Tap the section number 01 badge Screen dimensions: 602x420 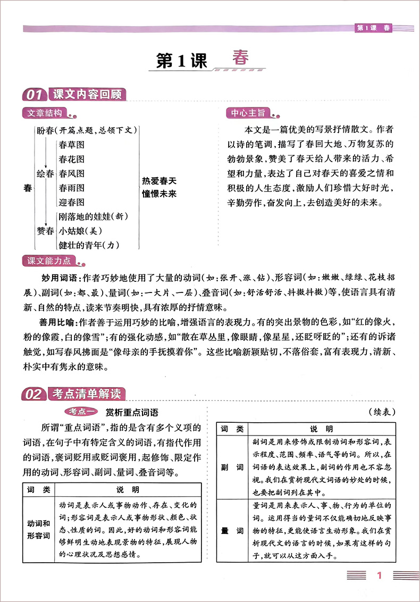tap(33, 95)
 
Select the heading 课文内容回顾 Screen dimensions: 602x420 tap(88, 95)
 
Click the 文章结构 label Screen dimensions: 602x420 tap(45, 113)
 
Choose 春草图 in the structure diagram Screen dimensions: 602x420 tap(72, 145)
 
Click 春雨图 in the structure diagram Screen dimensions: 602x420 tap(72, 188)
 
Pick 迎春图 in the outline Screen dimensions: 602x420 tap(72, 202)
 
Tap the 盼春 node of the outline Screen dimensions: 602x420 tap(46, 130)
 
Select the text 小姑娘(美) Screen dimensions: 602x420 tap(80, 231)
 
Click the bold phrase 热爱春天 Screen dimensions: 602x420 tap(159, 181)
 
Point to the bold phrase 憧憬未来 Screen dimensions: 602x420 tap(159, 193)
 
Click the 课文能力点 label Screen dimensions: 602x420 tap(48, 261)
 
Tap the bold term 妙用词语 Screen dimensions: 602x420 tap(58, 278)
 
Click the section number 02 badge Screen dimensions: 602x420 tap(33, 394)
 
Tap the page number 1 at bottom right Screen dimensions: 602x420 tap(379, 575)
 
